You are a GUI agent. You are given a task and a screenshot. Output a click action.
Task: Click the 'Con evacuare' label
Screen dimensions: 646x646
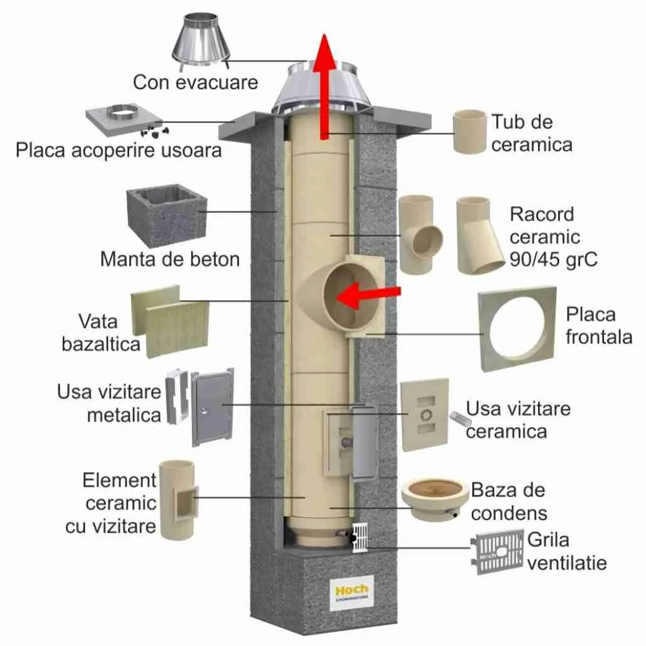point(195,82)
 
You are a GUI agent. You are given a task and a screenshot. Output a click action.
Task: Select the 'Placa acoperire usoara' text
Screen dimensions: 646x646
point(119,151)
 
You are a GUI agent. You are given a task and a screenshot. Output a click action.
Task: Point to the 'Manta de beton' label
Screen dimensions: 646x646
point(170,259)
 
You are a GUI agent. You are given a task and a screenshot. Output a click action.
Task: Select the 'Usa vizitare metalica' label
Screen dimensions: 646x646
point(109,403)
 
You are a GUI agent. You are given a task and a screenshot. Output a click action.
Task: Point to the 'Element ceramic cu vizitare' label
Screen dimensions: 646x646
point(111,503)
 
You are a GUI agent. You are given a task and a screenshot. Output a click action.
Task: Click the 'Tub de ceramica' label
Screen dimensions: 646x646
point(531,132)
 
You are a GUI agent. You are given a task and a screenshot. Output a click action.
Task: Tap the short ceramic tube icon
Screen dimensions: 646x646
point(470,131)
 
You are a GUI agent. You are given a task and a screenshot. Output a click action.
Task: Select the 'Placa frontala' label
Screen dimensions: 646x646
point(598,325)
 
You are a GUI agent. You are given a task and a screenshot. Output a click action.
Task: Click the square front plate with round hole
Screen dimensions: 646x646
point(517,330)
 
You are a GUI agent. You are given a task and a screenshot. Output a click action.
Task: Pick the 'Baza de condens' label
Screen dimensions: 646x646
point(508,501)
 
